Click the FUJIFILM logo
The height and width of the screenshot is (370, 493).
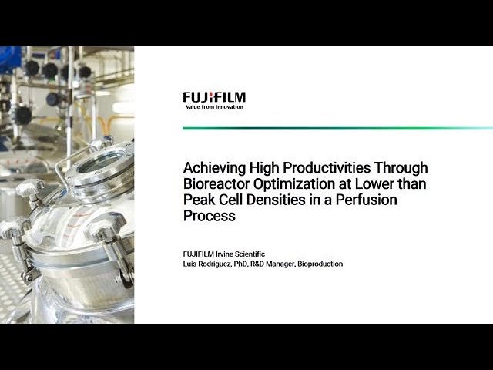[x=214, y=97]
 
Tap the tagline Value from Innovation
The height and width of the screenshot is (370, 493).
[x=215, y=106]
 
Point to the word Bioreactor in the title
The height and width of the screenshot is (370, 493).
[x=216, y=183]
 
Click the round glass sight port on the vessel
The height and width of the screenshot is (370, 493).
[x=101, y=163]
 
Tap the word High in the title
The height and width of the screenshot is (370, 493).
[x=257, y=167]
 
